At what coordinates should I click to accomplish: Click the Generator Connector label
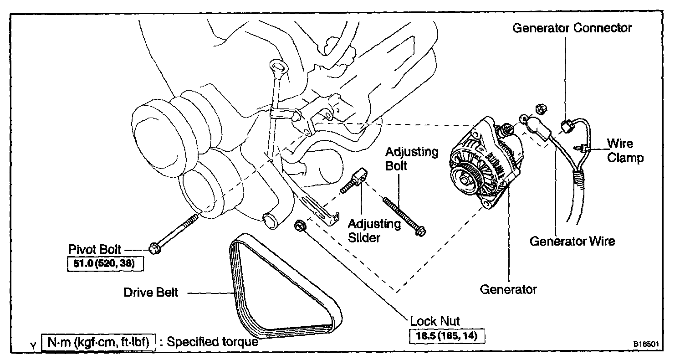[572, 28]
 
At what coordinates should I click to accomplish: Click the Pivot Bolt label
[95, 249]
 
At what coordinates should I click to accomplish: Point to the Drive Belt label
[151, 292]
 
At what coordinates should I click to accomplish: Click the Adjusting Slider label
[374, 231]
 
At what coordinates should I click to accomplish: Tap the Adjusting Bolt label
[411, 158]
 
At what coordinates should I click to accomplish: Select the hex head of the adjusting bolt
[421, 231]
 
